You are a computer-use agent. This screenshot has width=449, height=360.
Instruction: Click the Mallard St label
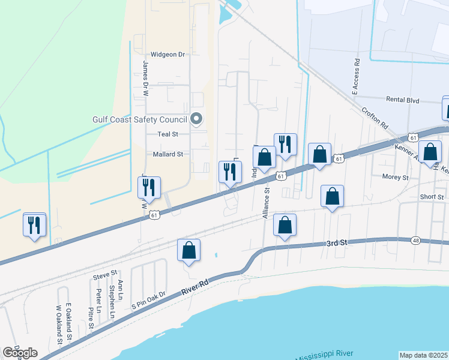167,154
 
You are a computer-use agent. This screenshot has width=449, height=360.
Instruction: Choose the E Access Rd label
355,77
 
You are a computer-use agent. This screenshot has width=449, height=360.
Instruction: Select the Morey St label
395,177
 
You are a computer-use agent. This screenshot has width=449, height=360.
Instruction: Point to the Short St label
432,196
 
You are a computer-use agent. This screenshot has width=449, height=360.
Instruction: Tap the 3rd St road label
337,243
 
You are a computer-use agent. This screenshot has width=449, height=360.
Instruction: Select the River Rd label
197,287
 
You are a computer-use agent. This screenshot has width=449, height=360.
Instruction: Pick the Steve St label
104,275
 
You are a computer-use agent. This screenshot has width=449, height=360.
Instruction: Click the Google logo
20,353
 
